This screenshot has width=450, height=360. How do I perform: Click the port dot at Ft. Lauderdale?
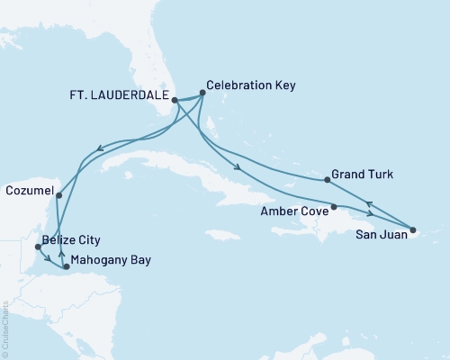(x=175, y=102)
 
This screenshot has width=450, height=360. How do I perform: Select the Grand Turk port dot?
(x=327, y=180)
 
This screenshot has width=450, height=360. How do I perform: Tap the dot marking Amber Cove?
(x=334, y=207)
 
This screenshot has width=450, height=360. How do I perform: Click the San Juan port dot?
(x=413, y=231)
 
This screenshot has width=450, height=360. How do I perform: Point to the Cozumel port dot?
(x=58, y=194)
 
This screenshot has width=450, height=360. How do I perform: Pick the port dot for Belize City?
(x=37, y=245)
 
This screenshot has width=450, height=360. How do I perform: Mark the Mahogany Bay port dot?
(x=67, y=266)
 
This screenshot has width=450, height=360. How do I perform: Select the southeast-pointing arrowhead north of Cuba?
(x=238, y=167)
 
